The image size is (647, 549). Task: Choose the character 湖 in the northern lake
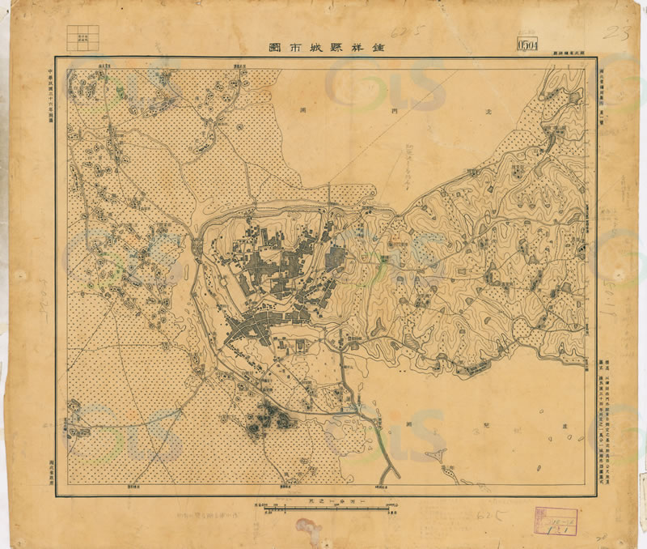(x=302, y=108)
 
